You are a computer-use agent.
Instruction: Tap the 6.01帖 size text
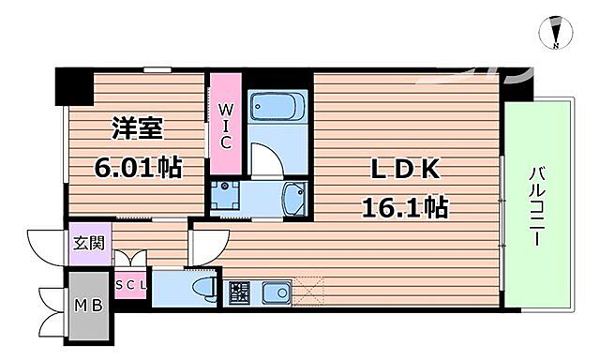point(137,168)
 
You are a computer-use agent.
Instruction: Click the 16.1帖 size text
point(404,206)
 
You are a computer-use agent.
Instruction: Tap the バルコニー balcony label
point(537,206)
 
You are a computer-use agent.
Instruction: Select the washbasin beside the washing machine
point(292,197)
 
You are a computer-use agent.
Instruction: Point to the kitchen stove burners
point(239,292)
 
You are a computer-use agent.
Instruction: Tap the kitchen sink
point(277,294)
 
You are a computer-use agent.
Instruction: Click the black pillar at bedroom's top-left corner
point(71,86)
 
